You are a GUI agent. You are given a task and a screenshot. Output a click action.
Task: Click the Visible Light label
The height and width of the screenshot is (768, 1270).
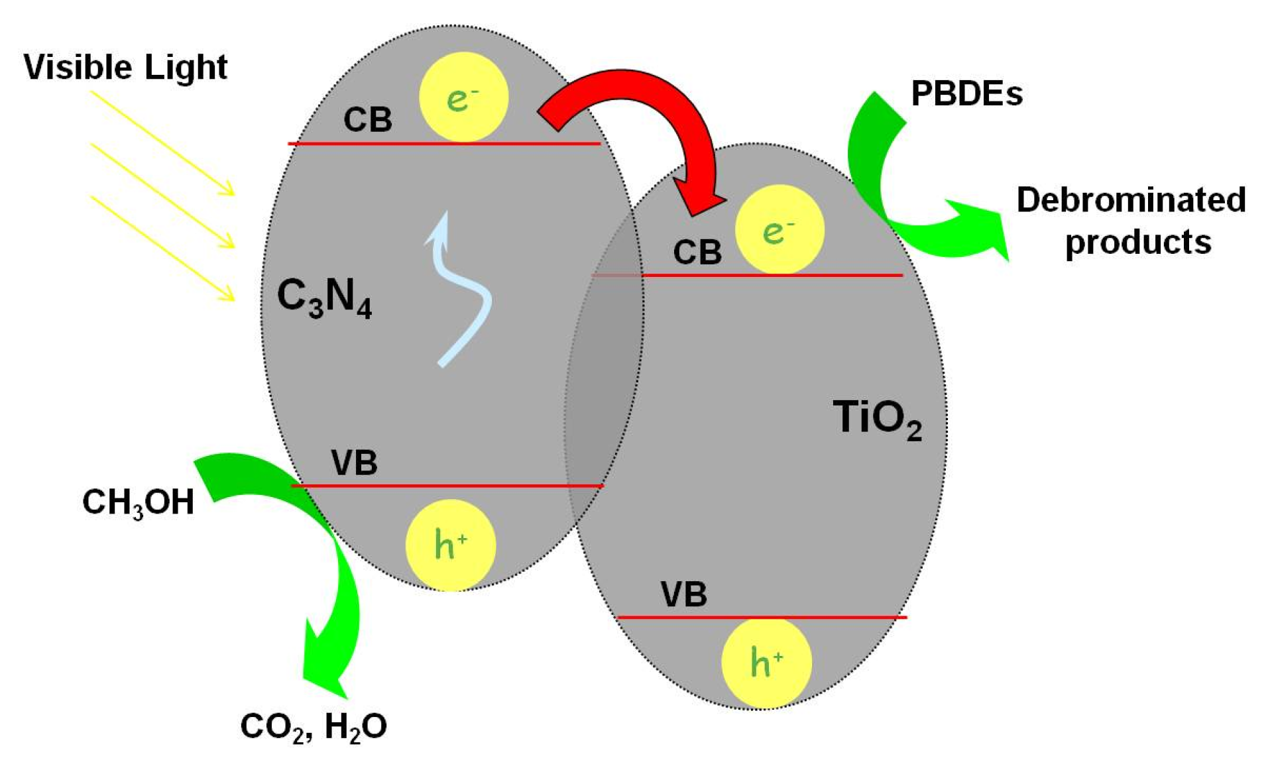(x=125, y=67)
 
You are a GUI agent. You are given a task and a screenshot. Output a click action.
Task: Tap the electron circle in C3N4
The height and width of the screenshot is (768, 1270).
(x=463, y=97)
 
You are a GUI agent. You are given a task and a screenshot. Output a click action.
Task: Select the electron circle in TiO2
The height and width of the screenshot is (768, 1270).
(x=779, y=229)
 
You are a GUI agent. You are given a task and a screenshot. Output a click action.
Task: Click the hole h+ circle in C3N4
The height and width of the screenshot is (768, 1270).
(x=451, y=545)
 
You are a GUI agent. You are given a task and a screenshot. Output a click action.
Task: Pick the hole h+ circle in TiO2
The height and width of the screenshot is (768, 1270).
(x=766, y=662)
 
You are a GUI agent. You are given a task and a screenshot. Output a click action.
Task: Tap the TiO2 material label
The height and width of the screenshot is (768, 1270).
(x=876, y=419)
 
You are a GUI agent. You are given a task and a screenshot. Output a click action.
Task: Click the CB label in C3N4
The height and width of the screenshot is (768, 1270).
(x=367, y=120)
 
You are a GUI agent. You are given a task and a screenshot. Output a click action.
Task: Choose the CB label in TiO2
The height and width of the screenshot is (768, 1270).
(x=697, y=252)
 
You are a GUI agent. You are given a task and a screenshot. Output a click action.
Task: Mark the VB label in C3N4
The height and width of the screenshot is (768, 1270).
(x=354, y=463)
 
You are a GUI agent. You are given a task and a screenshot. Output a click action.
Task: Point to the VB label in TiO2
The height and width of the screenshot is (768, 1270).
(x=683, y=594)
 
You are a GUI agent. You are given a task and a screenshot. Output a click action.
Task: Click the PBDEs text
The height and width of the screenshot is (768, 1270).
(x=966, y=93)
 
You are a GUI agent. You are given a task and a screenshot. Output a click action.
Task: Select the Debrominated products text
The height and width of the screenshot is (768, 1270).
(x=1131, y=221)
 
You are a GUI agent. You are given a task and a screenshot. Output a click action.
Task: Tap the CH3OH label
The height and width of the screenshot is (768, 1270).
(x=138, y=502)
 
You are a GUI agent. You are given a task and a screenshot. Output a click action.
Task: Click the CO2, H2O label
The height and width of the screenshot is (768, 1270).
(x=314, y=727)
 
